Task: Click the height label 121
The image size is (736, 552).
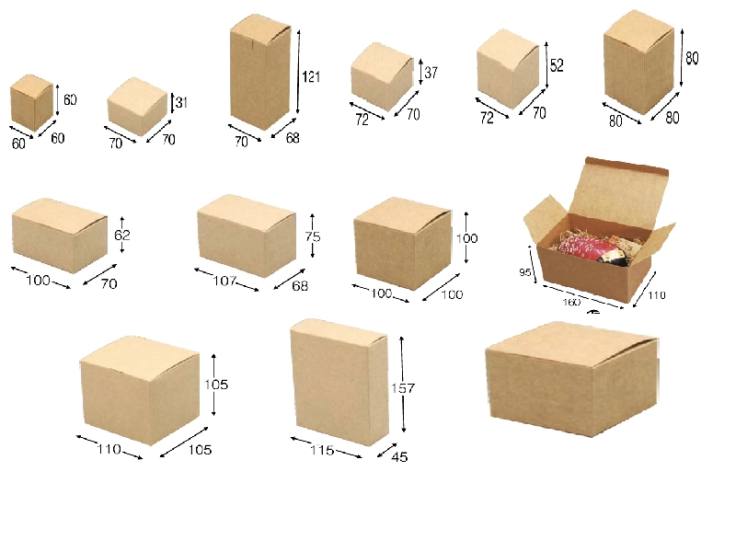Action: click(311, 76)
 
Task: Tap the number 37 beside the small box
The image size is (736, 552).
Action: click(431, 73)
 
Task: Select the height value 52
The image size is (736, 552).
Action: click(557, 65)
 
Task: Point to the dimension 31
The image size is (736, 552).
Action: click(181, 102)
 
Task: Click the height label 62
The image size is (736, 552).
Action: click(122, 235)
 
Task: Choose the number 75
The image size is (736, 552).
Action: click(313, 236)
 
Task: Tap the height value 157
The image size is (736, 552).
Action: click(403, 388)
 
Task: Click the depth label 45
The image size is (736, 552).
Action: click(399, 456)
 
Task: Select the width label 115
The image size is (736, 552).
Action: click(322, 450)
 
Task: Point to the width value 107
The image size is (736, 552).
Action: click(224, 281)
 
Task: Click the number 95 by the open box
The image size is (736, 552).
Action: click(524, 272)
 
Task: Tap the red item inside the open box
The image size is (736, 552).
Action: click(589, 248)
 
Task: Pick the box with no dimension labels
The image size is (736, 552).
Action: click(571, 378)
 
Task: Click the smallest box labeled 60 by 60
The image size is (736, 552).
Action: click(31, 102)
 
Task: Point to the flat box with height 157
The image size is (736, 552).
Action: click(339, 382)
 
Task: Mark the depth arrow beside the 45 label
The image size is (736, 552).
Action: click(387, 450)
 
